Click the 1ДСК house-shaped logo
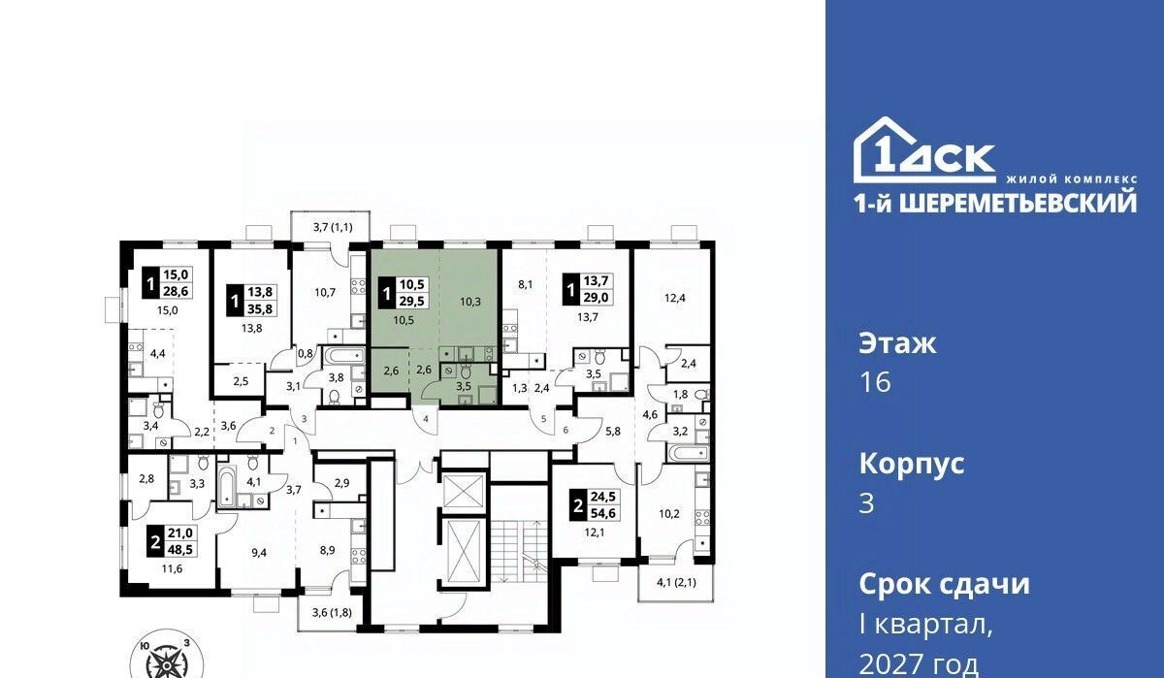pos(924,150)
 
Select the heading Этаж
pos(897,343)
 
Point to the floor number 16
pos(875,382)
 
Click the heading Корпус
pos(912,464)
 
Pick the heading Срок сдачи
pos(944,584)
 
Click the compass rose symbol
pos(166,660)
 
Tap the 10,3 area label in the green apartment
pos(470,302)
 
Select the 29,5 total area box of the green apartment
pos(412,301)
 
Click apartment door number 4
pos(426,418)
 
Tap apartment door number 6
pos(566,430)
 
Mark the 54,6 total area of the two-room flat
pos(602,513)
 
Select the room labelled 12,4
pos(674,298)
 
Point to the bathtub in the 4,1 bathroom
pos(227,488)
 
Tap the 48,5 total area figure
pos(179,548)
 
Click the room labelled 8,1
pos(526,284)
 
